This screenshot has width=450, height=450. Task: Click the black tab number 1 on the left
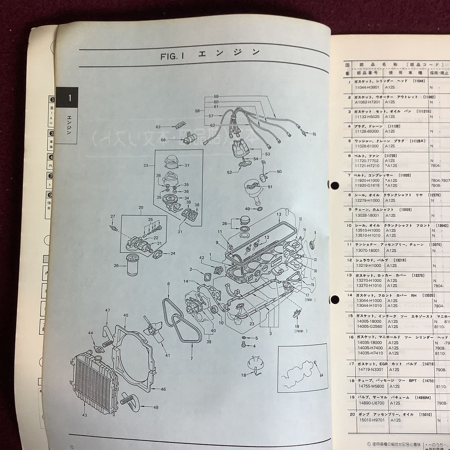tap(67, 99)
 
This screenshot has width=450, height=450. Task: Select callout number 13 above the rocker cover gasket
tap(279, 214)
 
